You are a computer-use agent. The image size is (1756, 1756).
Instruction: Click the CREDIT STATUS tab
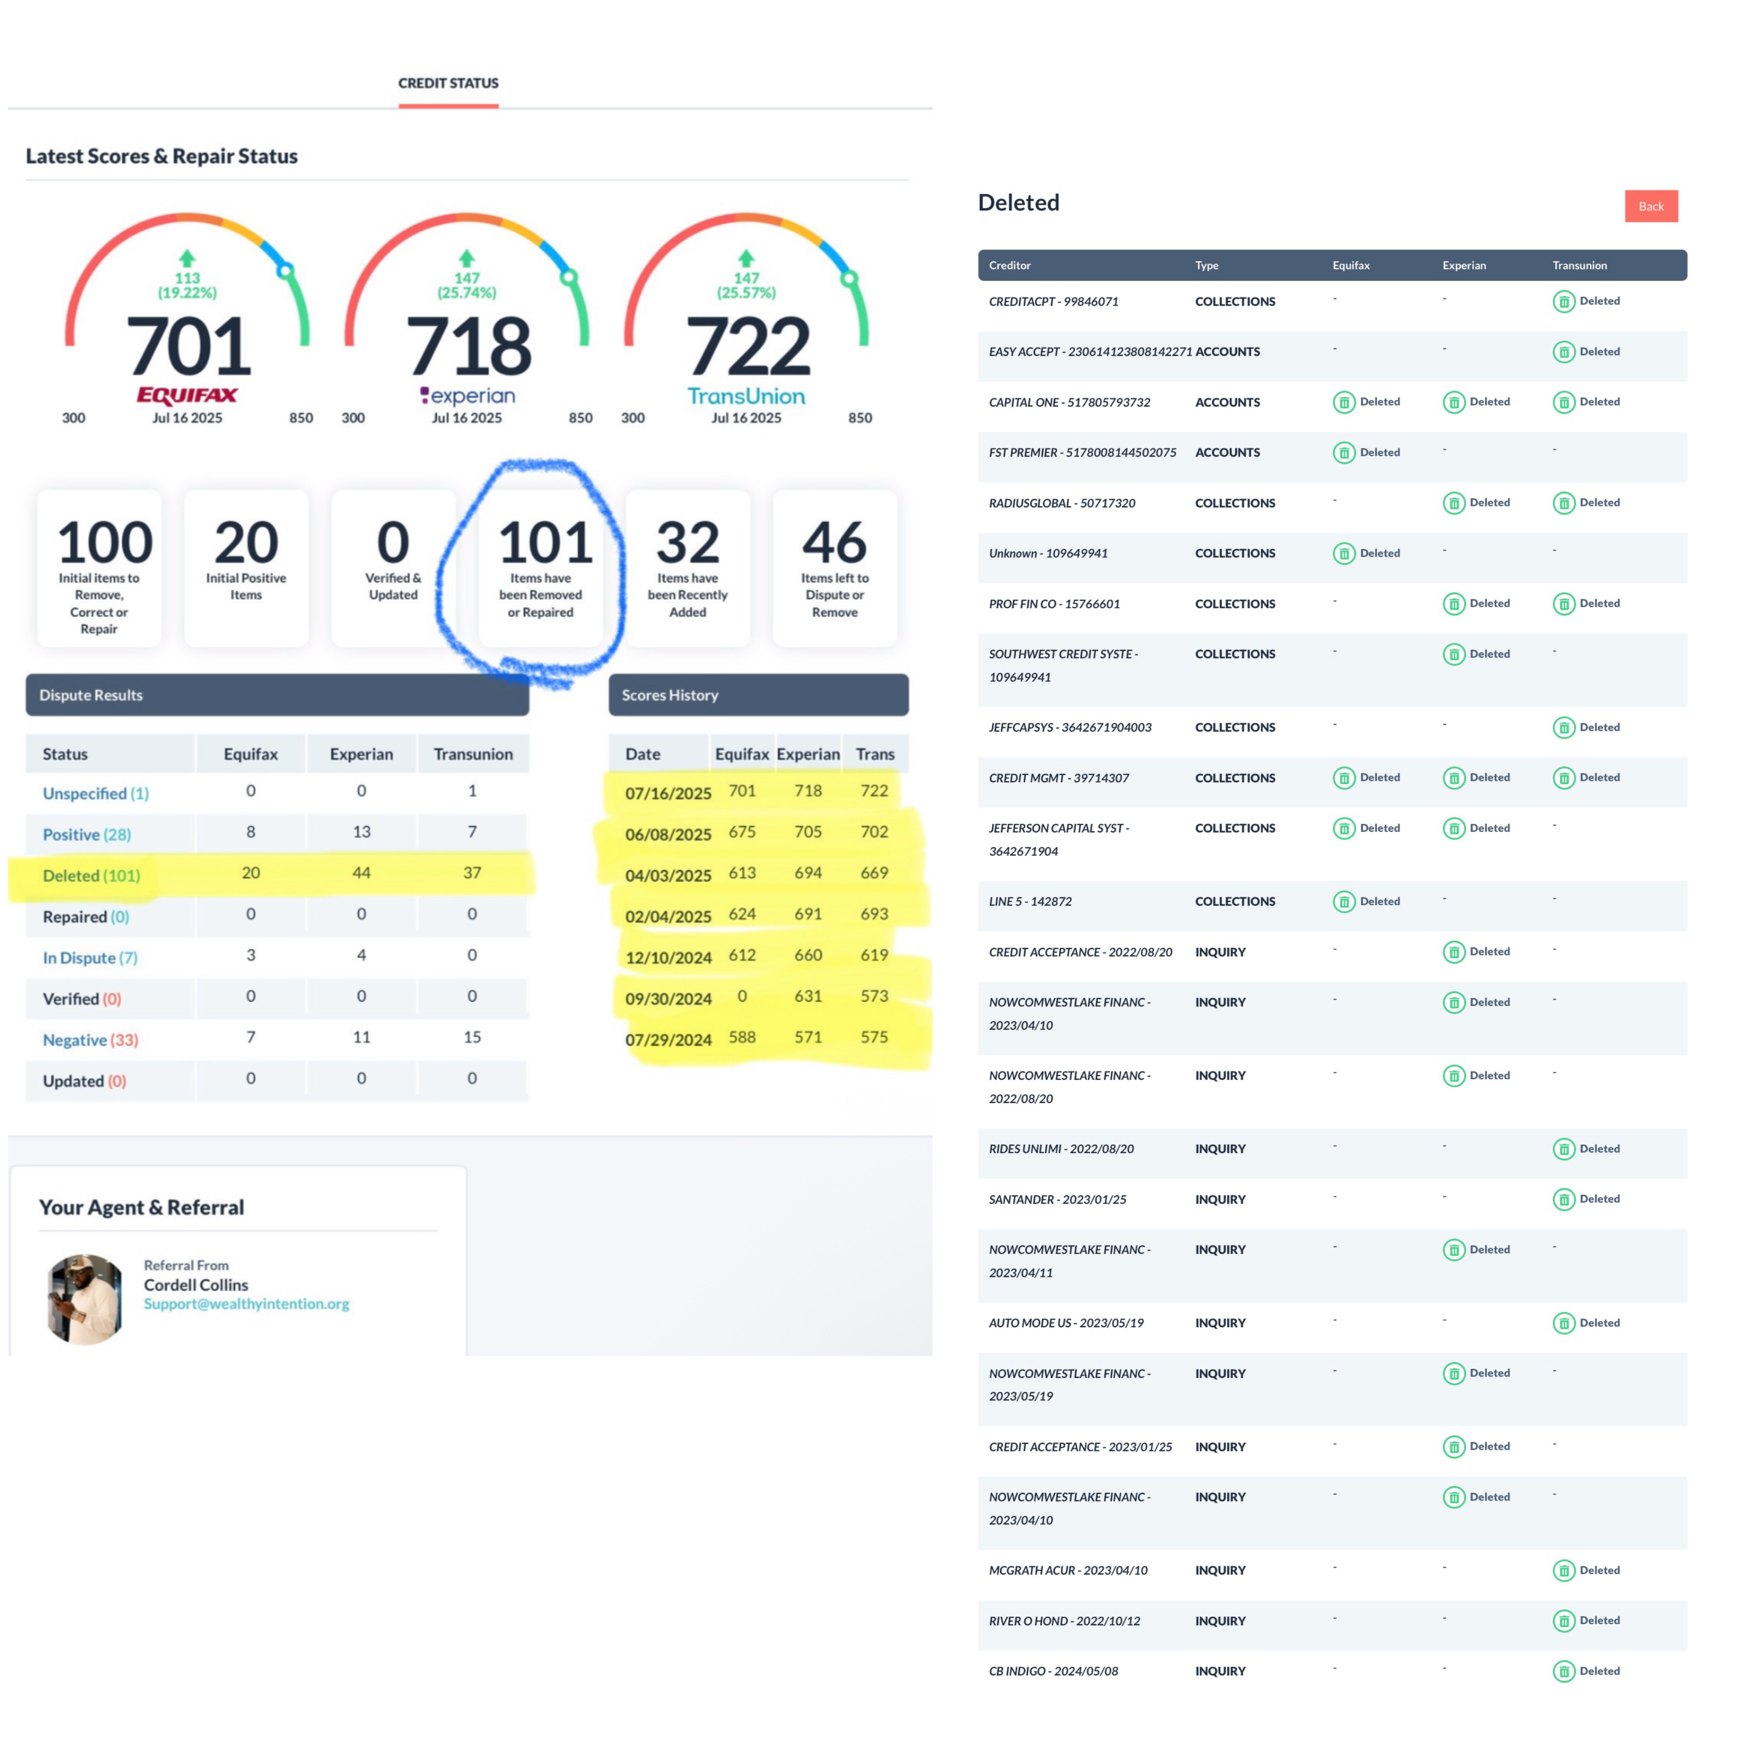click(x=448, y=83)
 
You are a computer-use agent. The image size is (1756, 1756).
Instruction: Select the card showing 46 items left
click(x=834, y=568)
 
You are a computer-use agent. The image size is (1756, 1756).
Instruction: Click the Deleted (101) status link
click(x=91, y=875)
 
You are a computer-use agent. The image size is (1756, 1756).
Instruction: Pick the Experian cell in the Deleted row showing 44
click(x=361, y=872)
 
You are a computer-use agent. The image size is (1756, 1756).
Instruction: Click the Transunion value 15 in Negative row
click(x=472, y=1037)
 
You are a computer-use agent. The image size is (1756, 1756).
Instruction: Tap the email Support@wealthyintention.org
click(x=246, y=1303)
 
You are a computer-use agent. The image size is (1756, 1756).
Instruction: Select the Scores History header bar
click(x=758, y=694)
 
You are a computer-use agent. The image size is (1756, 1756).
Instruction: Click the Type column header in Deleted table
click(x=1206, y=266)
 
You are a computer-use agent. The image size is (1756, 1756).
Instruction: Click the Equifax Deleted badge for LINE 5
click(x=1366, y=902)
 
